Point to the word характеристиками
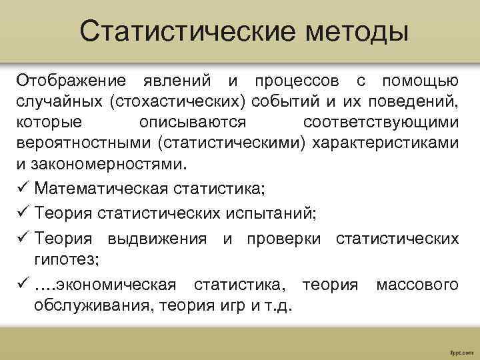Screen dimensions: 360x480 (381, 144)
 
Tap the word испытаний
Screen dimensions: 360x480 (269, 213)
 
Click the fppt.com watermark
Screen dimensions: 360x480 (461, 350)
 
